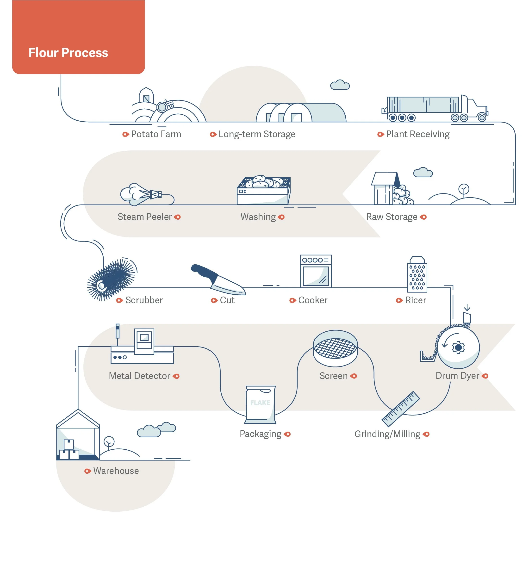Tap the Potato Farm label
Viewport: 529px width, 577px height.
click(x=156, y=134)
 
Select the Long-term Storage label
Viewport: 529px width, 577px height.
click(x=257, y=134)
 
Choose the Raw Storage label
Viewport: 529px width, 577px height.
click(x=392, y=217)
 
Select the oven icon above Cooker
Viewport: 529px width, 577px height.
click(x=316, y=271)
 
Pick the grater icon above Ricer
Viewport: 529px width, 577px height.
click(x=417, y=275)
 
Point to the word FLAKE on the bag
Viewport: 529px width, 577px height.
click(x=260, y=403)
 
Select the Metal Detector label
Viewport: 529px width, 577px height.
click(x=139, y=376)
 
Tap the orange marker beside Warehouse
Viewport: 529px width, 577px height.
click(x=87, y=471)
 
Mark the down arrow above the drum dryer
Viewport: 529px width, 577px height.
click(x=467, y=308)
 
